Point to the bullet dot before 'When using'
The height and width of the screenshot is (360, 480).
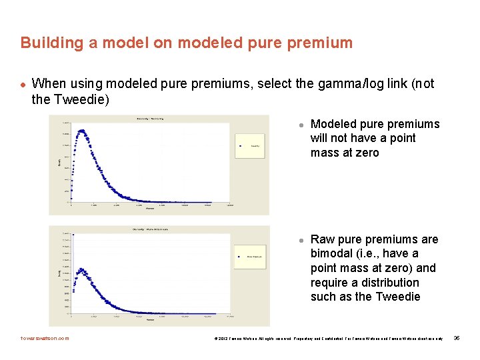click(x=23, y=84)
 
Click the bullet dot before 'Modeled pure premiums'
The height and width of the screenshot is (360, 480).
click(x=301, y=125)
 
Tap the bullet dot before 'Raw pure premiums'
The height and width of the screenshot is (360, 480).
click(x=301, y=240)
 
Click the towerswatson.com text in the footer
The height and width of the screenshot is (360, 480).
click(x=45, y=338)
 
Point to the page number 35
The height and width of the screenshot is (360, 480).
click(x=456, y=338)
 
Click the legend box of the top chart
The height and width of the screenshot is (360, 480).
click(x=250, y=145)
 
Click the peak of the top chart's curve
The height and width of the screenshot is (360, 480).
click(x=82, y=131)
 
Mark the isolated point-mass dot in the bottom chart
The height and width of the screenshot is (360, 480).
click(x=73, y=234)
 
